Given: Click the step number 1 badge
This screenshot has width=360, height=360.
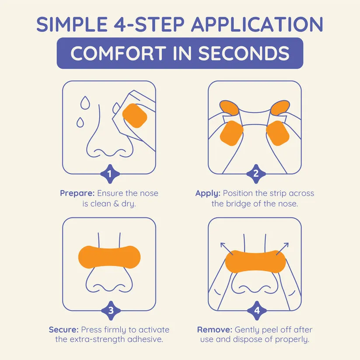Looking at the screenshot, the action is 110,174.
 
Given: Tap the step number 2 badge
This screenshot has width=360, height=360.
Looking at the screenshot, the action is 256,174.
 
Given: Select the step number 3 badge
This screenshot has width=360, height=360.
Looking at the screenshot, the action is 111,311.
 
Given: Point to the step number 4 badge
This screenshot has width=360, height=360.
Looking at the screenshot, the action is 257,311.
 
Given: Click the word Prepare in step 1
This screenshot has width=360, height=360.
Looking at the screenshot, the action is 77,193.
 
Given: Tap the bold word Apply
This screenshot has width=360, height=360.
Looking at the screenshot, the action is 208,193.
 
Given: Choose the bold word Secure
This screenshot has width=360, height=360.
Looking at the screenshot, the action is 64,330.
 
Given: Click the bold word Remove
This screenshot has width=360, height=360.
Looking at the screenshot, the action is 215,330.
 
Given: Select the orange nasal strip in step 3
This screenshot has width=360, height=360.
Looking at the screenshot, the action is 109,257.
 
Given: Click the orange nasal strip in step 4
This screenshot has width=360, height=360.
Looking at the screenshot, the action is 255,262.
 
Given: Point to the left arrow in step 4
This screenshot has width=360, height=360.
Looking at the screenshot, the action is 227,248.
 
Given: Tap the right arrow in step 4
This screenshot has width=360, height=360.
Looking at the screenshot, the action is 282,248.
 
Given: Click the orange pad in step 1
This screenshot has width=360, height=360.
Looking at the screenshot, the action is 135,115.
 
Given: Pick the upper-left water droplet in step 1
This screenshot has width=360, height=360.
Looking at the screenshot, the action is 85,103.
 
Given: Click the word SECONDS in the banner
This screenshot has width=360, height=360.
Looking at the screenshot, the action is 244,53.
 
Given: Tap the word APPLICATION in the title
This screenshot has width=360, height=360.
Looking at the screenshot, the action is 257,24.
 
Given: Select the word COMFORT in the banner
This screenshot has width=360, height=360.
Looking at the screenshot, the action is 118,53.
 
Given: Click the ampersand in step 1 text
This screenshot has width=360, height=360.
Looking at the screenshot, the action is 116,204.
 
